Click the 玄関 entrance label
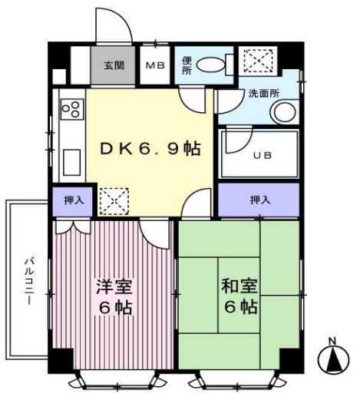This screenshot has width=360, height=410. pyautogui.click(x=114, y=65)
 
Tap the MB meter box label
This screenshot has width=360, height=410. pyautogui.click(x=155, y=65)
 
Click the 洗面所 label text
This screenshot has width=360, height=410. pyautogui.click(x=264, y=94)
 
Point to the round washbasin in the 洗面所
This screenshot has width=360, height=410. pyautogui.click(x=285, y=113)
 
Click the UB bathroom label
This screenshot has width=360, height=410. pyautogui.click(x=263, y=156)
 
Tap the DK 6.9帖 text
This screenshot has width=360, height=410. pyautogui.click(x=150, y=148)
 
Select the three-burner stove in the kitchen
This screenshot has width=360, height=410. pyautogui.click(x=72, y=109)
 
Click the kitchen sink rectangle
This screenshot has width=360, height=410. pyautogui.click(x=71, y=162)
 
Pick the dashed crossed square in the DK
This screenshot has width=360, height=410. pyautogui.click(x=114, y=201)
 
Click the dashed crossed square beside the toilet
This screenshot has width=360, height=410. pyautogui.click(x=259, y=61)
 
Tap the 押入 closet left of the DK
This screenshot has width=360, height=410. pyautogui.click(x=73, y=200)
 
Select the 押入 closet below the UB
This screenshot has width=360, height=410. pyautogui.click(x=259, y=200)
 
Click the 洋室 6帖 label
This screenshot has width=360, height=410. pyautogui.click(x=115, y=297)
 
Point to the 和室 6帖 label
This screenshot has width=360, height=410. pyautogui.click(x=239, y=296)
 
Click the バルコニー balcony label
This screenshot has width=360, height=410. pyautogui.click(x=29, y=281)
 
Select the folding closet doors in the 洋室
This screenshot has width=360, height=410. pyautogui.click(x=74, y=227)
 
